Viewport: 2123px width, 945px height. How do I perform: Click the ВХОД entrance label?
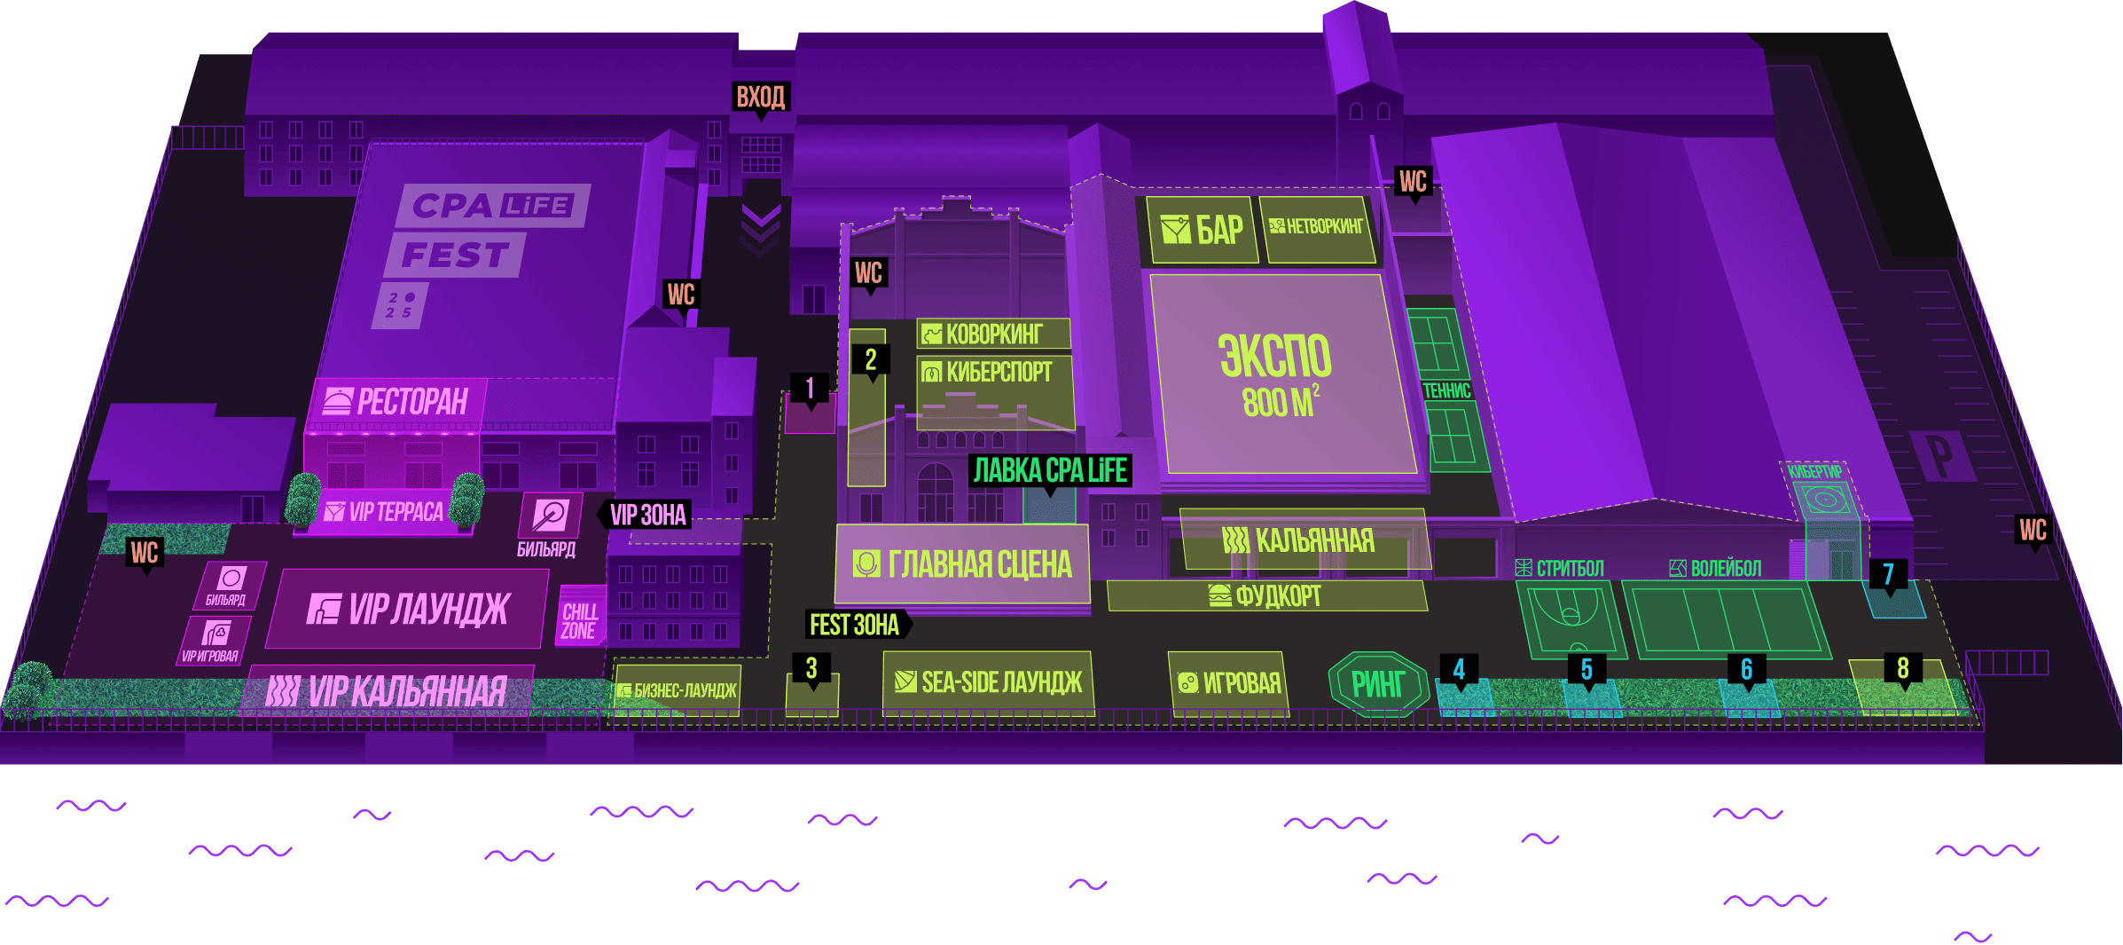pyautogui.click(x=761, y=97)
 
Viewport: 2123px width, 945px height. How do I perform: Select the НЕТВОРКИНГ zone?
pyautogui.click(x=1318, y=228)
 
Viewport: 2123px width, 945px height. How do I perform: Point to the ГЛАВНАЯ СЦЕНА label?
pyautogui.click(x=963, y=564)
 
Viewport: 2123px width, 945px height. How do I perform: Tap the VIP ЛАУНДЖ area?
pyautogui.click(x=408, y=610)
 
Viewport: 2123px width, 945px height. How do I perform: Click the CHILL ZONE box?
pyautogui.click(x=580, y=621)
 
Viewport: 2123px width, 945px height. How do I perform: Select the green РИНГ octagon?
pyautogui.click(x=1377, y=684)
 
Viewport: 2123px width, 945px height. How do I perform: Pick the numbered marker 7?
pyautogui.click(x=1888, y=575)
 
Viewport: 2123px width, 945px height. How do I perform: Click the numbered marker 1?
pyautogui.click(x=810, y=388)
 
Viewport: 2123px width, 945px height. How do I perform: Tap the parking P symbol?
pyautogui.click(x=1940, y=455)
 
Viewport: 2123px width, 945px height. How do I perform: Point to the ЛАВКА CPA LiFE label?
pyautogui.click(x=1050, y=470)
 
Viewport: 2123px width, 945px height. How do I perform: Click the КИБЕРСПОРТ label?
pyautogui.click(x=995, y=373)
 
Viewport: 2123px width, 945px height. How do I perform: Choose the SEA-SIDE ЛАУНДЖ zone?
pyautogui.click(x=989, y=682)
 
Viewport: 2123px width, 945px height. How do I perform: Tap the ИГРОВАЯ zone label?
pyautogui.click(x=1229, y=683)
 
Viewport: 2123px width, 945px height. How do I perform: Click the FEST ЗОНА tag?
pyautogui.click(x=854, y=626)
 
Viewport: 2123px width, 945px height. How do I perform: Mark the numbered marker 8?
pyautogui.click(x=1902, y=668)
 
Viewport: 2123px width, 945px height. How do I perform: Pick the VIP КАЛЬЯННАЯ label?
pyautogui.click(x=388, y=692)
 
